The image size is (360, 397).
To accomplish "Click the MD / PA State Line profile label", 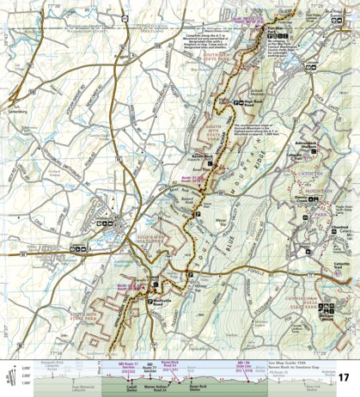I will coord(241,366).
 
